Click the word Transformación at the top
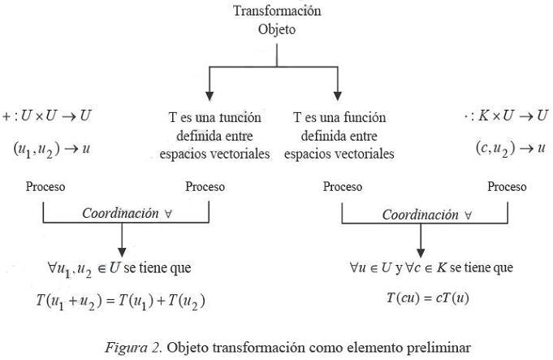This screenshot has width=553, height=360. (277, 11)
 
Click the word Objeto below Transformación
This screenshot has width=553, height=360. (277, 29)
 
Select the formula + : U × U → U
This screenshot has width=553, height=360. (47, 116)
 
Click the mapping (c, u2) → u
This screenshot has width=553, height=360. (510, 148)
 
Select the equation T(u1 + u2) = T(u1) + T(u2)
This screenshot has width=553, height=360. (121, 300)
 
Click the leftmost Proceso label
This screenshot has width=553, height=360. (45, 187)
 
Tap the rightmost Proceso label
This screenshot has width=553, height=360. (508, 187)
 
